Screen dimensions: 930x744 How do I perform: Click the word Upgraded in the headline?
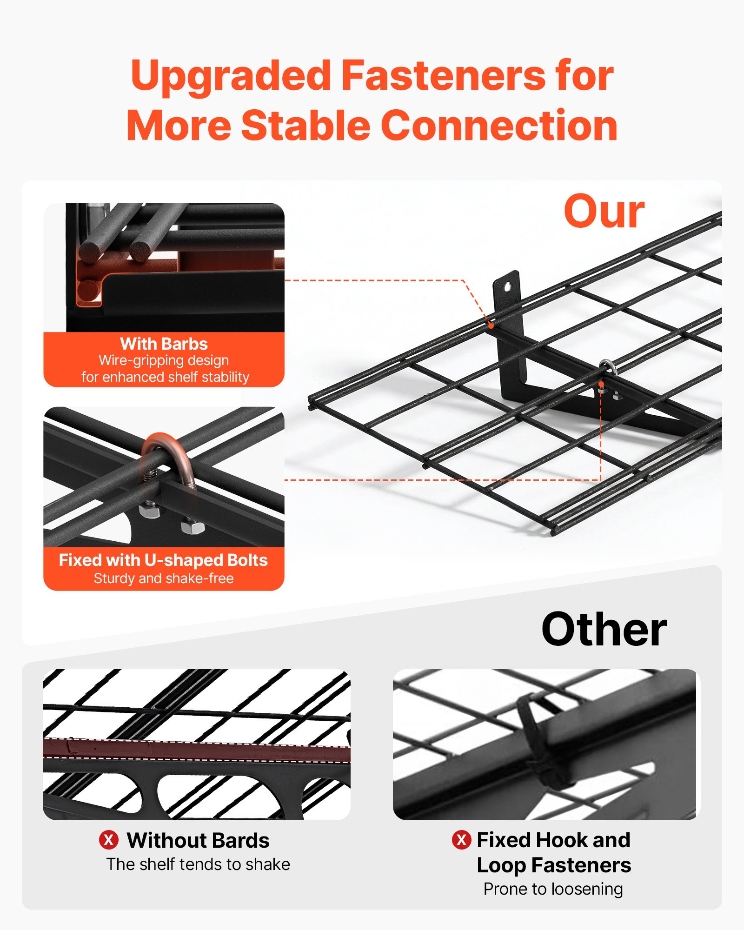click(x=231, y=76)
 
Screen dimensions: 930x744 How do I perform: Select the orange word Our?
click(x=604, y=212)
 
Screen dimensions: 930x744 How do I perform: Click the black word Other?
click(x=604, y=629)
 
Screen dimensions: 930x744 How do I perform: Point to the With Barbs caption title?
click(x=164, y=344)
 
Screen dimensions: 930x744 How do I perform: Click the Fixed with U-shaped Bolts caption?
click(x=163, y=560)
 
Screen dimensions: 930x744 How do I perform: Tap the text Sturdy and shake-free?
click(x=163, y=578)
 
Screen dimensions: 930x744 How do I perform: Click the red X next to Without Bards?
click(x=108, y=840)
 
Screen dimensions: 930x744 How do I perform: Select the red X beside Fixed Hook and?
click(x=461, y=840)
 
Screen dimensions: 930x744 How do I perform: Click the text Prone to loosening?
click(x=553, y=889)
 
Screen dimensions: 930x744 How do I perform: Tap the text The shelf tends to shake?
click(x=198, y=864)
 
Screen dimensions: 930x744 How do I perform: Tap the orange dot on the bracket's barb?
click(x=491, y=325)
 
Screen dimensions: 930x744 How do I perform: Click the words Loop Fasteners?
click(x=553, y=865)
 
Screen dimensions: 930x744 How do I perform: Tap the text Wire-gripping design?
click(x=163, y=360)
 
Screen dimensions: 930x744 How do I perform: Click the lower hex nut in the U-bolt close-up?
click(x=192, y=528)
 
